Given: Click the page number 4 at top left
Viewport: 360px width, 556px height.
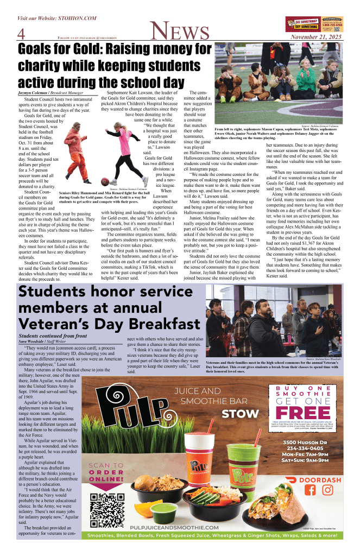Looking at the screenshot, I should click(x=22, y=34).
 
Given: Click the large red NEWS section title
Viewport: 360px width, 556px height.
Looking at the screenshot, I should click(x=180, y=31).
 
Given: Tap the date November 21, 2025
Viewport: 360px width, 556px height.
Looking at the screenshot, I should click(x=315, y=37).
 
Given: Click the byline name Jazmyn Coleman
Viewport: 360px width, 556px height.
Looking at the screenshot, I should click(x=34, y=93).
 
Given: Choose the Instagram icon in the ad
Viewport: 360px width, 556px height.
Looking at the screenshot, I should click(x=327, y=490).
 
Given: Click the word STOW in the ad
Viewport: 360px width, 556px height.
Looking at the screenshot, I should click(x=241, y=413).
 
